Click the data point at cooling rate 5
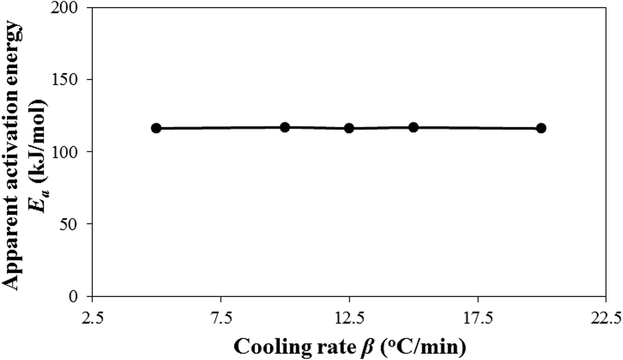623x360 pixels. (156, 128)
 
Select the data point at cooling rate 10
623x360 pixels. (285, 127)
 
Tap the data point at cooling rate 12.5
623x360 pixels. (349, 128)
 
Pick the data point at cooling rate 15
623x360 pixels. (413, 127)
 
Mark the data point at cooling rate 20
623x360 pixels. (541, 128)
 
